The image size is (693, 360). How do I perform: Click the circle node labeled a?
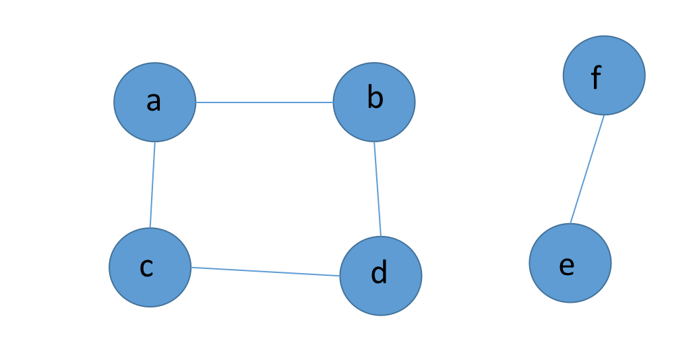click(154, 102)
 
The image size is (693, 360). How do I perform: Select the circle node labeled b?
click(374, 102)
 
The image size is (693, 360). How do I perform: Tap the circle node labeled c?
click(150, 267)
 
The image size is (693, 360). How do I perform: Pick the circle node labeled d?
click(381, 276)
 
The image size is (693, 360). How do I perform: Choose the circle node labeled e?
click(570, 263)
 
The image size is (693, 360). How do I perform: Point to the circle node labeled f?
click(604, 76)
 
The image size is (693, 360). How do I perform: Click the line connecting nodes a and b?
click(264, 102)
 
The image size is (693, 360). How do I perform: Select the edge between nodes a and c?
click(152, 185)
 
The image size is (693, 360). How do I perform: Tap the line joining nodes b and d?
click(378, 189)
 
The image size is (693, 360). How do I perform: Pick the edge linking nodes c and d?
click(265, 272)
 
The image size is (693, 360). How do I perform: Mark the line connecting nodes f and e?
click(587, 169)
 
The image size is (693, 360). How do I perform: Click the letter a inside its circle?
click(153, 101)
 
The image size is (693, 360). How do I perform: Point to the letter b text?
click(375, 97)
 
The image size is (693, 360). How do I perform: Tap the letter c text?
click(146, 267)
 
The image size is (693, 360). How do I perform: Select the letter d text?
click(379, 271)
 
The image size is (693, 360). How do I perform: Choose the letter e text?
click(566, 266)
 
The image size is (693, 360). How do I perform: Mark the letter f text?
click(596, 77)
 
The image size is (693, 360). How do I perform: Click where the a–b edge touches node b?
click(333, 102)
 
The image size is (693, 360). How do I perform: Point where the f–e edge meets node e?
click(570, 224)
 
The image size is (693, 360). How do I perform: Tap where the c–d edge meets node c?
click(191, 267)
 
